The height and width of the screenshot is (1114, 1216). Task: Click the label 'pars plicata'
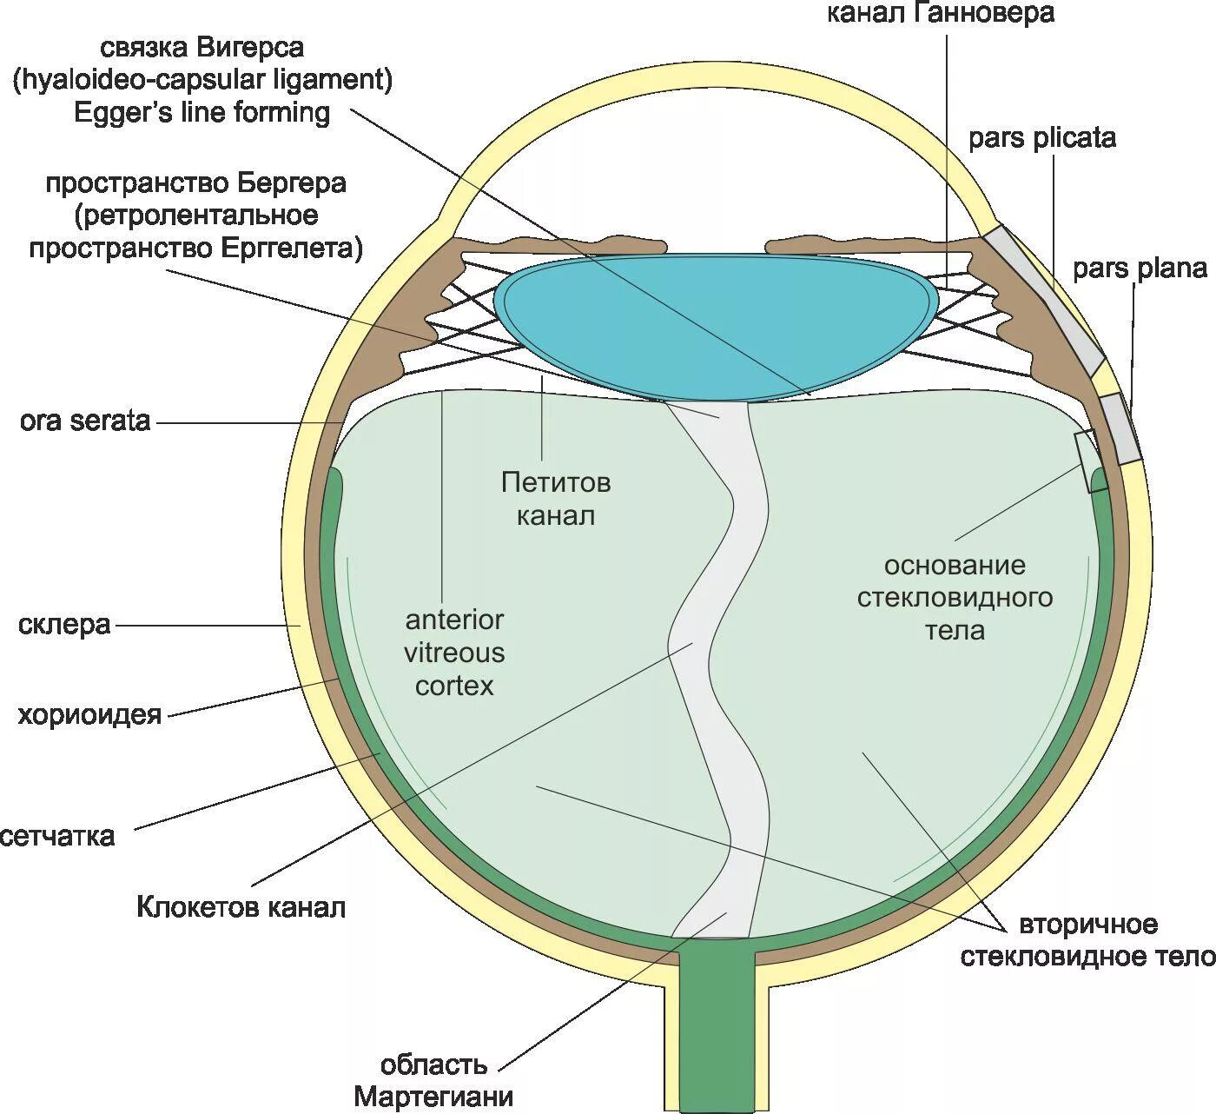tap(1041, 138)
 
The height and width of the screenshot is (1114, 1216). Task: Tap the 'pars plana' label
tap(1139, 269)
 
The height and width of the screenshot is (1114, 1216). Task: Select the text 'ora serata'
tap(85, 421)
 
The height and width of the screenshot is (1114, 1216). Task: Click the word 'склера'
tap(64, 625)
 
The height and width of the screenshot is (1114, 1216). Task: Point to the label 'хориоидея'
tap(89, 715)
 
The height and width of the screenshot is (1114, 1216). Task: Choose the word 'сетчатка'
tap(57, 836)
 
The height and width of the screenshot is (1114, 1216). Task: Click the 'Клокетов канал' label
tap(241, 907)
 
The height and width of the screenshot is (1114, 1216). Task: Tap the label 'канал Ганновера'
tap(940, 13)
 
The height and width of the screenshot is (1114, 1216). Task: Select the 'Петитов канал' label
tap(556, 499)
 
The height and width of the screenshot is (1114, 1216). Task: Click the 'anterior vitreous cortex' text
tap(454, 653)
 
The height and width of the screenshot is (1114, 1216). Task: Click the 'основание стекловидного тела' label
tap(955, 598)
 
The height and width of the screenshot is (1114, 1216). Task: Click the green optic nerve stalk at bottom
tap(717, 1025)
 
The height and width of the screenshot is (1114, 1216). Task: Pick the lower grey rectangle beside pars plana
tap(1119, 428)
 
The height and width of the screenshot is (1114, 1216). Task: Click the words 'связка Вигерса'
tap(202, 47)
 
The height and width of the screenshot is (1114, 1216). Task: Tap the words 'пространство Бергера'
tap(195, 184)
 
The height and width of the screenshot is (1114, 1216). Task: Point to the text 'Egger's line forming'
tap(202, 113)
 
